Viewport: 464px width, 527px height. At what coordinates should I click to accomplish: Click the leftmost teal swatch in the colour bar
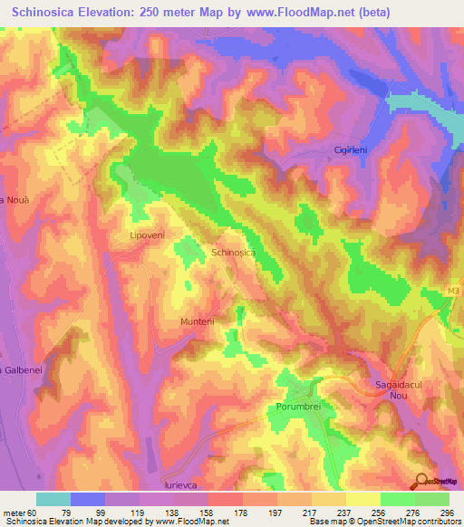click(x=53, y=498)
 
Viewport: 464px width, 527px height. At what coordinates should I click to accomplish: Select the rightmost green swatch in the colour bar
click(x=432, y=498)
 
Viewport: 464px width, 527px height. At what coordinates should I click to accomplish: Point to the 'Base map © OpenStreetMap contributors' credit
click(x=383, y=522)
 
